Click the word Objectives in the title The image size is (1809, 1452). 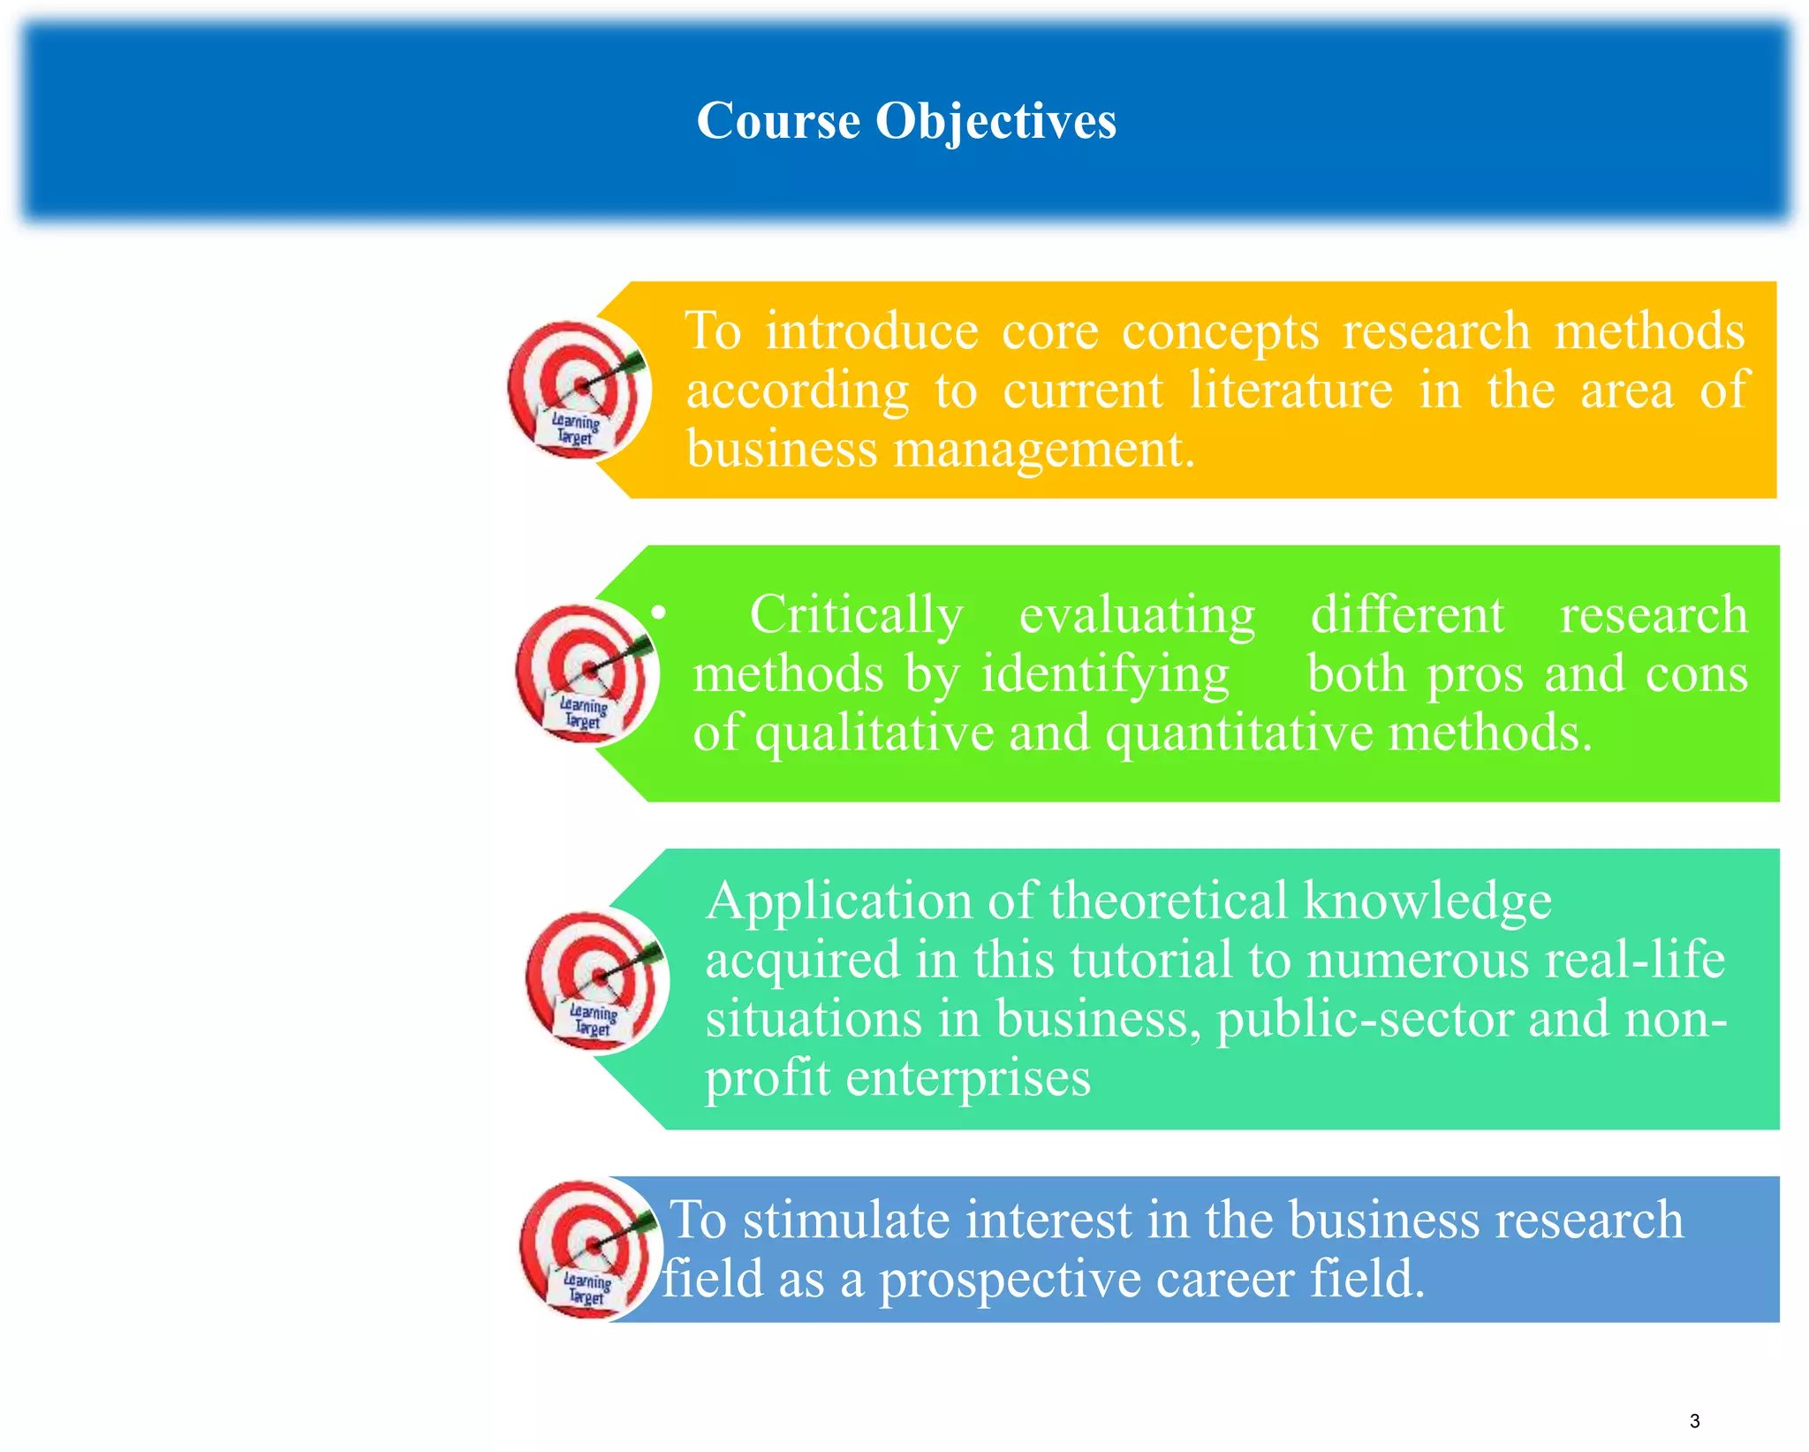[x=995, y=121]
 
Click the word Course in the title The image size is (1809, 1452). [x=778, y=121]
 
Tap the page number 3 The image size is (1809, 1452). [x=1694, y=1421]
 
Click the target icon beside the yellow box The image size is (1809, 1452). [x=579, y=389]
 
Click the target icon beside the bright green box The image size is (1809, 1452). [x=587, y=673]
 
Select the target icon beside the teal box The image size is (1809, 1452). [x=596, y=980]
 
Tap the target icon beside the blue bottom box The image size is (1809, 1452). [x=590, y=1249]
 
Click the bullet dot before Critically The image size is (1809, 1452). [x=658, y=612]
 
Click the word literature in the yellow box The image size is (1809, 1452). [x=1291, y=390]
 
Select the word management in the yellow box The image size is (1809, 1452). [x=1043, y=450]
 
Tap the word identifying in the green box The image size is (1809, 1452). [x=1105, y=675]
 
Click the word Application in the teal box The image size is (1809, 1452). [x=838, y=902]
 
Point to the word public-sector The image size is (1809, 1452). [x=1365, y=1020]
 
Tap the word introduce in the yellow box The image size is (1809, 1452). [x=871, y=331]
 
